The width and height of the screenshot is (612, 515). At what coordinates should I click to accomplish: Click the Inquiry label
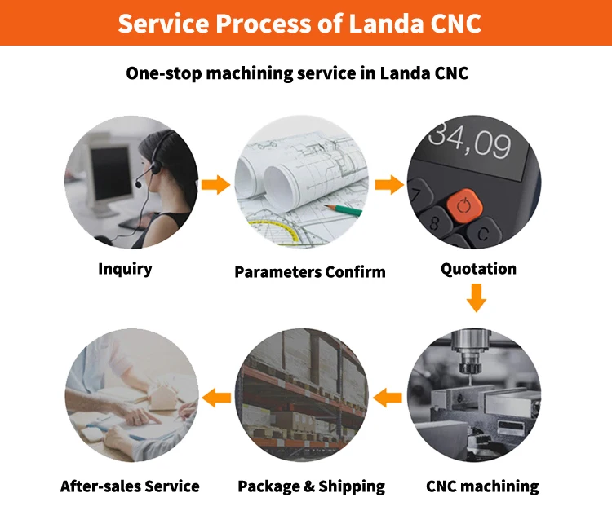[x=125, y=268]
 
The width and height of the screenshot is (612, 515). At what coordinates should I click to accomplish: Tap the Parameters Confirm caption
[x=309, y=271]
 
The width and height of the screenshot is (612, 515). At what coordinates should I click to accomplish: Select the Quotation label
[x=478, y=268]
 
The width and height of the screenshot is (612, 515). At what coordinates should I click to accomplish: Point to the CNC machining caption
[x=482, y=486]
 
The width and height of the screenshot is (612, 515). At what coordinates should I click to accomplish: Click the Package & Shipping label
[x=311, y=486]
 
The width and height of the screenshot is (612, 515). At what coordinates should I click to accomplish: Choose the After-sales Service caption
[x=130, y=486]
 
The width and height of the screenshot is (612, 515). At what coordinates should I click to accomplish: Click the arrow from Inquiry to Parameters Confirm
[x=215, y=185]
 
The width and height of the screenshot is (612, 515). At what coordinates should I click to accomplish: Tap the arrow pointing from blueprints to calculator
[x=390, y=185]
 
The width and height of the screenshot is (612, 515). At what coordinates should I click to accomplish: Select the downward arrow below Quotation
[x=477, y=301]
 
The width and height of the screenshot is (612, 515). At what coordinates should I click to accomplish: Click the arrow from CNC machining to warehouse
[x=388, y=398]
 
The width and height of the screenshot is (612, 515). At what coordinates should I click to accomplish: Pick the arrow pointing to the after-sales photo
[x=216, y=398]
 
